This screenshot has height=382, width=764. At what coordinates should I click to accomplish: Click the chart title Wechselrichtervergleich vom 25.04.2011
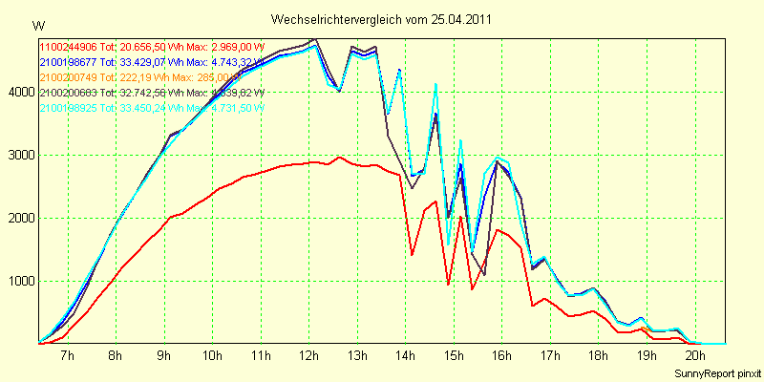point(382,19)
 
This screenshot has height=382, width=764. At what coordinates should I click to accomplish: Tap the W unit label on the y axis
point(37,25)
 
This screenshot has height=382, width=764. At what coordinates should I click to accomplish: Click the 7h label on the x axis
point(68,356)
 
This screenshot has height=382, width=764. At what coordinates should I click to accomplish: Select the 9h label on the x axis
point(164,356)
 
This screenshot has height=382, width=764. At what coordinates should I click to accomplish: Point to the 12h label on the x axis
point(308,356)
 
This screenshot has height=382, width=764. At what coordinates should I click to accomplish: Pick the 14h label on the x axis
point(405,356)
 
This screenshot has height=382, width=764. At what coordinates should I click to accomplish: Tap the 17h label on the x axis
point(549,356)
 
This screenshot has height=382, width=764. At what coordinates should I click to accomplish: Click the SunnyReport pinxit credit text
point(717,371)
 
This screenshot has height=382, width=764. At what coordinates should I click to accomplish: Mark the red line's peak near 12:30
point(339,157)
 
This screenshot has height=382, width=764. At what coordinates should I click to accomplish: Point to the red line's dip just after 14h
point(412,254)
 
